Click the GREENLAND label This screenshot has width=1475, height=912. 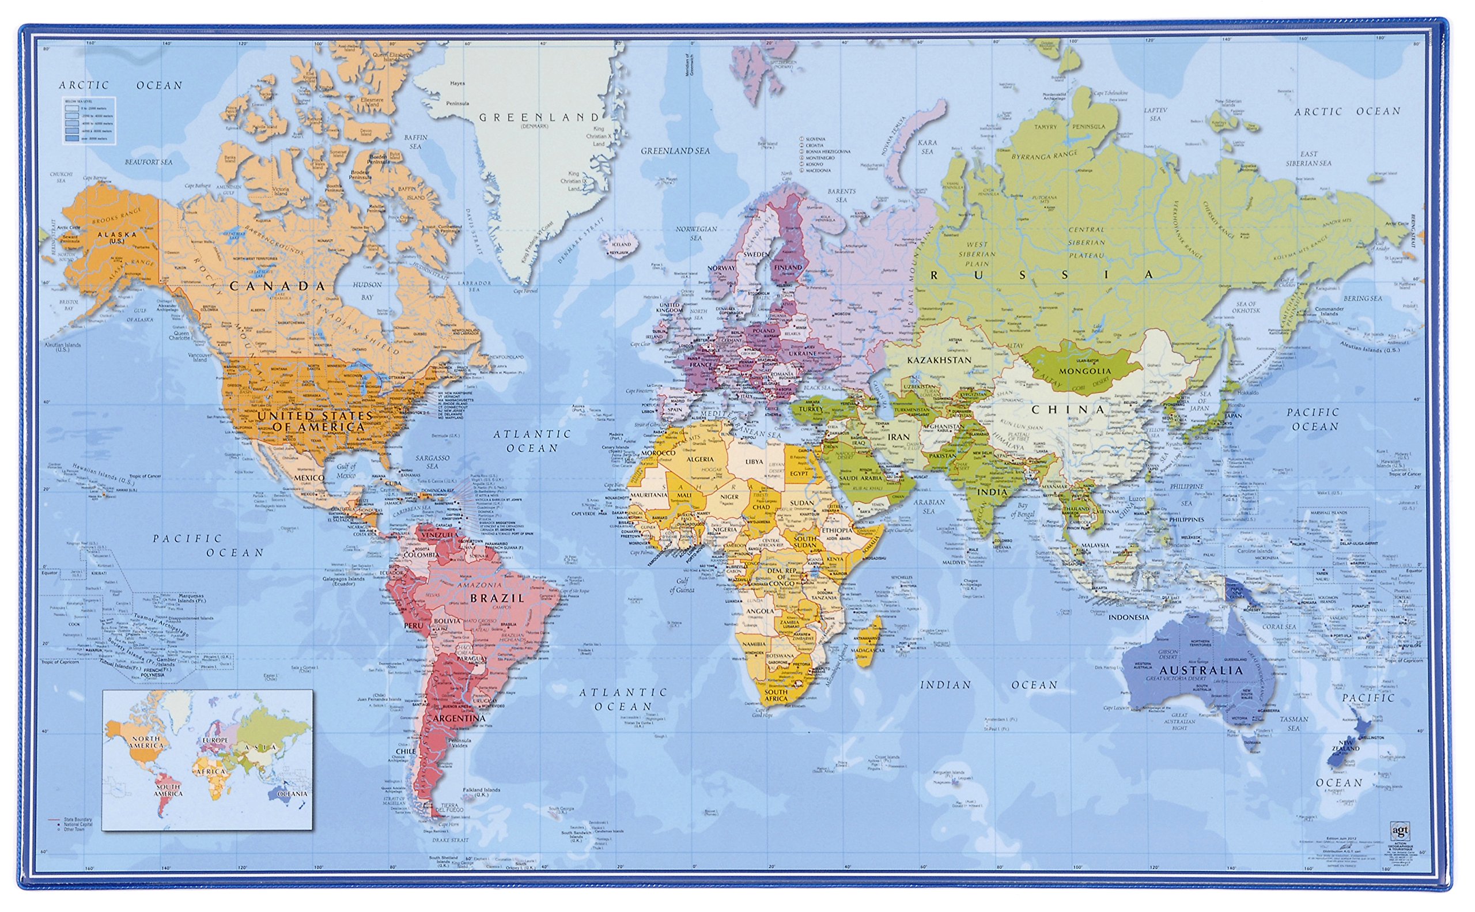pos(539,118)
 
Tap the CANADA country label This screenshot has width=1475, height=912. pos(278,286)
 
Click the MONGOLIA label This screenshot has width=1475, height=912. pos(1085,371)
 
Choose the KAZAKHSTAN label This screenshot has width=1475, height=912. pos(939,360)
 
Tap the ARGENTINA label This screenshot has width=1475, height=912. pos(459,718)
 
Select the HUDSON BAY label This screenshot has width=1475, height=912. pos(368,290)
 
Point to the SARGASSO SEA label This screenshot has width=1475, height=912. pos(432,461)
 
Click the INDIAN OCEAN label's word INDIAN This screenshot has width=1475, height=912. pos(945,684)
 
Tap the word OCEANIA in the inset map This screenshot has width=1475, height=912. pos(292,794)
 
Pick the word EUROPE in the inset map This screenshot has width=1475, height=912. pos(215,740)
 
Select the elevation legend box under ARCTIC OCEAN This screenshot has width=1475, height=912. pos(88,119)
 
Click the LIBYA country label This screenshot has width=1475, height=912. pos(754,461)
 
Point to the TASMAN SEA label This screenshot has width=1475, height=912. pos(1294,723)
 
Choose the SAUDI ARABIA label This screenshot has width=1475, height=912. pos(860,478)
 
